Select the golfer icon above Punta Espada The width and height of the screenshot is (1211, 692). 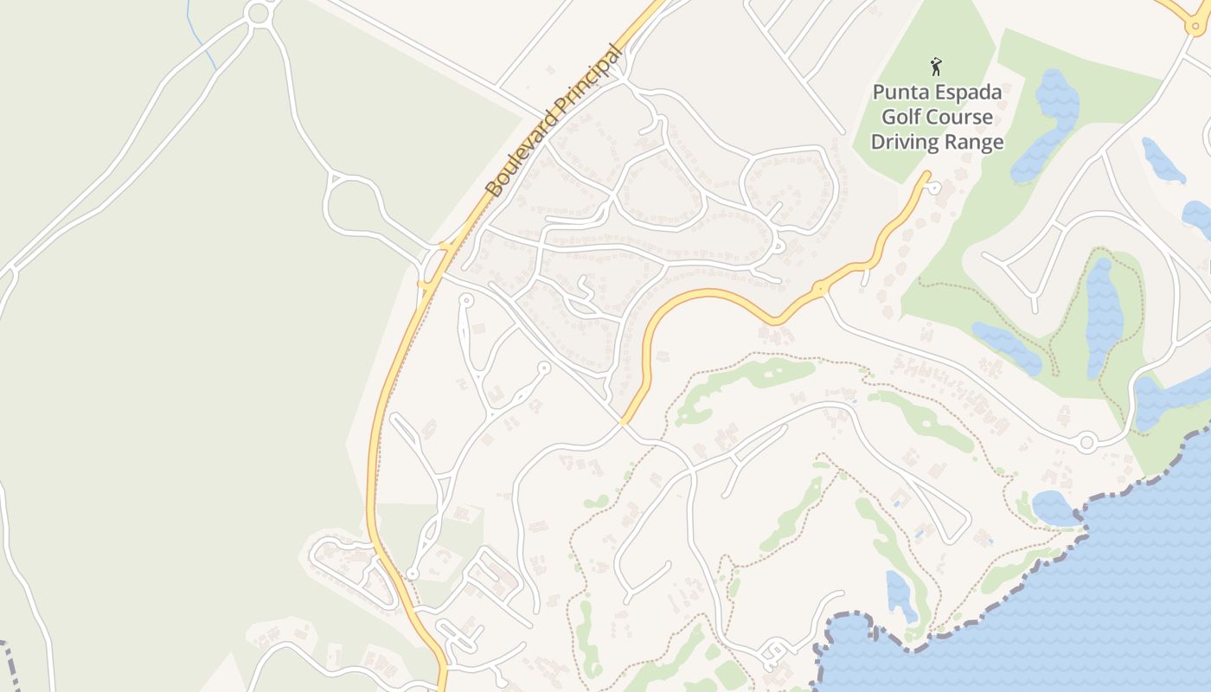[935, 67]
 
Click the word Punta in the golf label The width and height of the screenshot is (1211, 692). [900, 93]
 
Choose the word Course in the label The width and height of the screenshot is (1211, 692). [959, 118]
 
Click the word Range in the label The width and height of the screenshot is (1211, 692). [974, 143]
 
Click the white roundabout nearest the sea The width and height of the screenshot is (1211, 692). [1086, 443]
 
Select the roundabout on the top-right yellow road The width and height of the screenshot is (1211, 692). [1196, 25]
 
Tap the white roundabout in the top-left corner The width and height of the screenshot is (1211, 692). [259, 13]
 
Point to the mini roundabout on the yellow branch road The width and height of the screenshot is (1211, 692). [819, 287]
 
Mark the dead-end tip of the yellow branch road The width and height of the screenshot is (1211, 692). [928, 175]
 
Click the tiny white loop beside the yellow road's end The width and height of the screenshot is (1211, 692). [935, 186]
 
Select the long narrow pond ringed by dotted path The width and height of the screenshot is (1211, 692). [1102, 316]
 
